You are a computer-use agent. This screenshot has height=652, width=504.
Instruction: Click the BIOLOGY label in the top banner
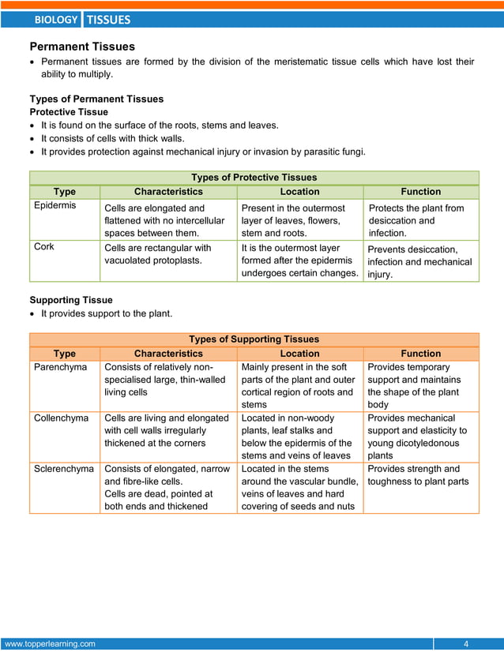[x=56, y=20]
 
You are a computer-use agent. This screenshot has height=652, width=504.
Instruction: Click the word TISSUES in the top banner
[x=107, y=20]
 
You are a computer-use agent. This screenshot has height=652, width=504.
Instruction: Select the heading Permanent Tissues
[x=82, y=47]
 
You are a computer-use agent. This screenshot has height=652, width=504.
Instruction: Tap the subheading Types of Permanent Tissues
[x=96, y=99]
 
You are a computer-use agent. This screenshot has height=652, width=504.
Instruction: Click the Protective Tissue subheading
[x=69, y=112]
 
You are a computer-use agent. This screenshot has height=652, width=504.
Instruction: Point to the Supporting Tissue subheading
[x=71, y=300]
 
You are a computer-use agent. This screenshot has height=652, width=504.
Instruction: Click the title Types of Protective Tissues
[x=254, y=178]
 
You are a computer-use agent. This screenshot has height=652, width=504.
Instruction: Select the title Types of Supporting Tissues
[x=254, y=339]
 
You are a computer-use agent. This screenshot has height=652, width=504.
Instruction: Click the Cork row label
[x=44, y=246]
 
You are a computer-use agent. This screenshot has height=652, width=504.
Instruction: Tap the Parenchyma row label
[x=60, y=367]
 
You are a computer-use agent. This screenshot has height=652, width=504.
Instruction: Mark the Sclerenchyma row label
[x=64, y=469]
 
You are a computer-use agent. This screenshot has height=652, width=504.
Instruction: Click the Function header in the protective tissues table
[x=420, y=192]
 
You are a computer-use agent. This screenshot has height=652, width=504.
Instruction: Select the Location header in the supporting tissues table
[x=299, y=354]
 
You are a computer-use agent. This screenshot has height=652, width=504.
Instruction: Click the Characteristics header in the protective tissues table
[x=168, y=192]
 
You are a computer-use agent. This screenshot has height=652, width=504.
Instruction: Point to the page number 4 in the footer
[x=466, y=643]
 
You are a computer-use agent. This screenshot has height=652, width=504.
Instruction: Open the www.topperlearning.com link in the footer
[x=50, y=643]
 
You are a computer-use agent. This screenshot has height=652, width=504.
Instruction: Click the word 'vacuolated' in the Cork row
[x=130, y=260]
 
